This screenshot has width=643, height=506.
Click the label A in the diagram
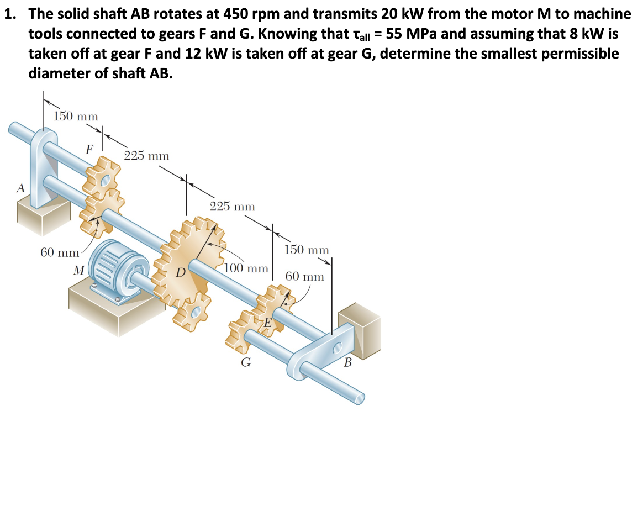tap(20, 188)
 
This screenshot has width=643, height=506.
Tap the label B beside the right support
tap(347, 363)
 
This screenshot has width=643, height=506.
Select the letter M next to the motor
tap(79, 271)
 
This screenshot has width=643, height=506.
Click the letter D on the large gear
tap(180, 272)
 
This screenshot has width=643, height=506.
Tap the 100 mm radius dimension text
tap(246, 269)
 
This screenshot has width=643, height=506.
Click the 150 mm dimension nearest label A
tap(76, 117)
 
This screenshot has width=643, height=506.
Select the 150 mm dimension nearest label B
tap(307, 250)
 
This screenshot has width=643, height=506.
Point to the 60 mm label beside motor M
tap(60, 253)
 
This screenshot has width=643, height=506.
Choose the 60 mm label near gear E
tap(304, 276)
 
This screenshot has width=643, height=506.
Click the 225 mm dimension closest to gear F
tap(146, 156)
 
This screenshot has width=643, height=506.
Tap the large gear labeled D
tap(191, 260)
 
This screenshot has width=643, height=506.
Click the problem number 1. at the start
tap(12, 14)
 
